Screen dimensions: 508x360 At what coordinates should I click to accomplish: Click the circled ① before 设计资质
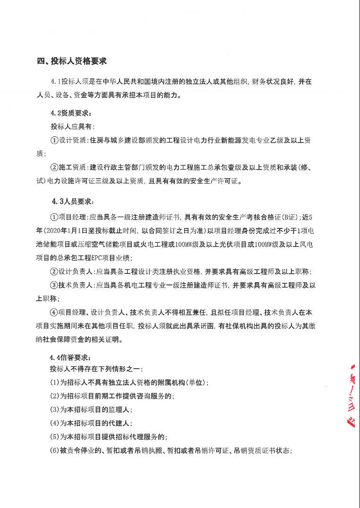click(54, 141)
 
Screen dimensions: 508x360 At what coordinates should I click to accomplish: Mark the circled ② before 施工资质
click(54, 167)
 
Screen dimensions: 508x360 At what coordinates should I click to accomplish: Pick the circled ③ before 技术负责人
click(54, 285)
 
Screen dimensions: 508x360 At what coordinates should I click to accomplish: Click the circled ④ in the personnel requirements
click(54, 312)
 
